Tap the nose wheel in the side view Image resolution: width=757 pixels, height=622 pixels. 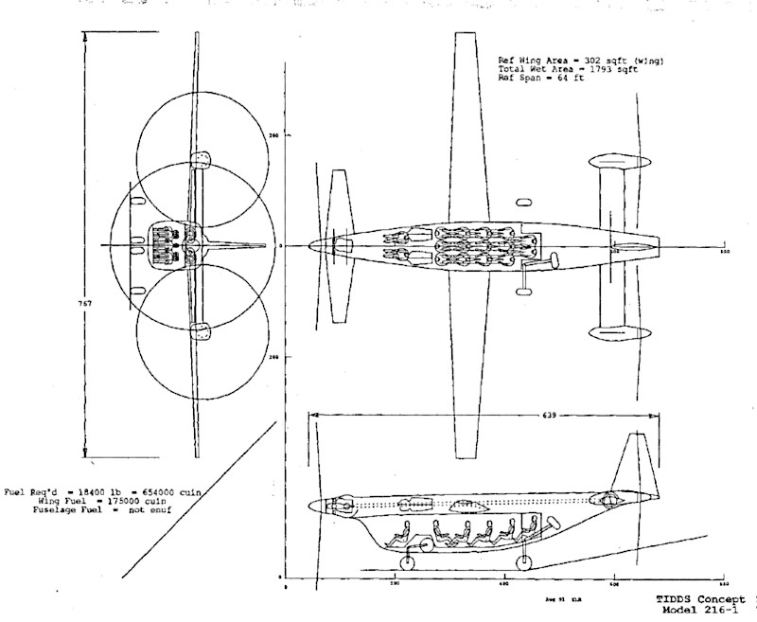(x=408, y=564)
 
